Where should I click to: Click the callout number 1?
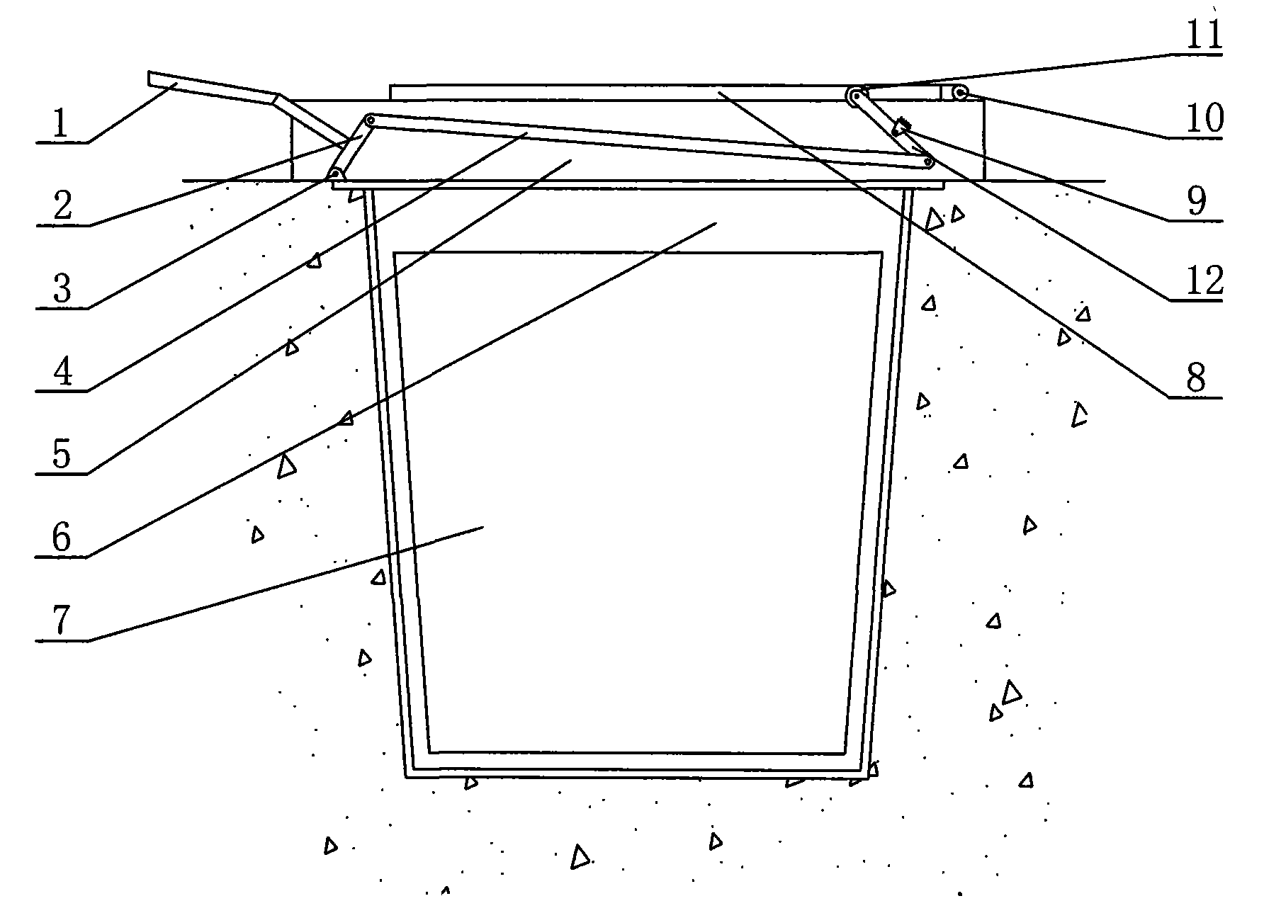tap(61, 123)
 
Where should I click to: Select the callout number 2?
tap(62, 206)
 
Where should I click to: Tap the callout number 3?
tap(62, 289)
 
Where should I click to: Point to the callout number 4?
tap(62, 372)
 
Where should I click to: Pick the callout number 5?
tap(62, 455)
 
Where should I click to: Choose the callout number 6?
tap(62, 538)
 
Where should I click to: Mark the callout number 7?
tap(62, 620)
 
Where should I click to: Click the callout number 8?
tap(1196, 378)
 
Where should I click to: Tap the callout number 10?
tap(1204, 118)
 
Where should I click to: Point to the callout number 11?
tap(1204, 34)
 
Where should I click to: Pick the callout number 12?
tap(1204, 282)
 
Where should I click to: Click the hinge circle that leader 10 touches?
tap(959, 92)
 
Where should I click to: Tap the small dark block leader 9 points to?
tap(902, 127)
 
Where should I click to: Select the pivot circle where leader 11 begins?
tap(857, 95)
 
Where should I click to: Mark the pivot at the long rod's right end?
tap(927, 162)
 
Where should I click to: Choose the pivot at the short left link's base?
tap(333, 174)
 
